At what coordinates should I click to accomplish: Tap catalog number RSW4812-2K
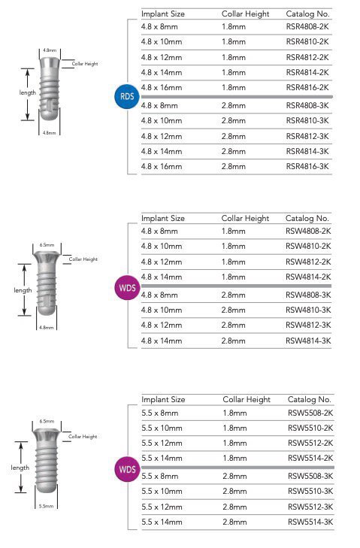point(308,262)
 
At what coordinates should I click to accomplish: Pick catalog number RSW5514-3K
point(310,521)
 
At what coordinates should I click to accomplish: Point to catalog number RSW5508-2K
point(310,413)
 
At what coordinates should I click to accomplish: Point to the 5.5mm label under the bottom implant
point(47,507)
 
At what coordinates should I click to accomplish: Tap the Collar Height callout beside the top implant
point(85,64)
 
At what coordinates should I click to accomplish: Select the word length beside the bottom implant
point(20,468)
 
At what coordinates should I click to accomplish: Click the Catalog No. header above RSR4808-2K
point(307,14)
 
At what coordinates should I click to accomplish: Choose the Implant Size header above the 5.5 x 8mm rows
point(163,399)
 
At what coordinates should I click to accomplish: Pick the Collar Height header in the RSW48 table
point(245,218)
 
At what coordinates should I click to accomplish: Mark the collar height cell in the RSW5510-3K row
point(234,491)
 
